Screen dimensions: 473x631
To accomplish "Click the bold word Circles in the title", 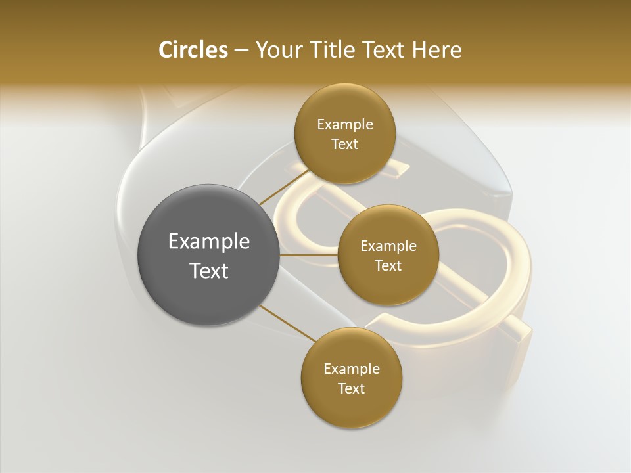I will point(193,50).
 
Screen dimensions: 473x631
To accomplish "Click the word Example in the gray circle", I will point(209,242).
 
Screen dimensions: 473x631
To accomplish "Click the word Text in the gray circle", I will point(209,271).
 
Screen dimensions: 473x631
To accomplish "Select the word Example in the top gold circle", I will point(345,125).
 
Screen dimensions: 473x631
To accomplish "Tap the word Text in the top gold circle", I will point(345,145).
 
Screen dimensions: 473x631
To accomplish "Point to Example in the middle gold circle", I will point(388,246).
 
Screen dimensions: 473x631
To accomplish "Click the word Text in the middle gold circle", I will point(388,266).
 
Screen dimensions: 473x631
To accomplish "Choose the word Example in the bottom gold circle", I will point(352,369).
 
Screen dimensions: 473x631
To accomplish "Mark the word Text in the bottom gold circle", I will point(352,389).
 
